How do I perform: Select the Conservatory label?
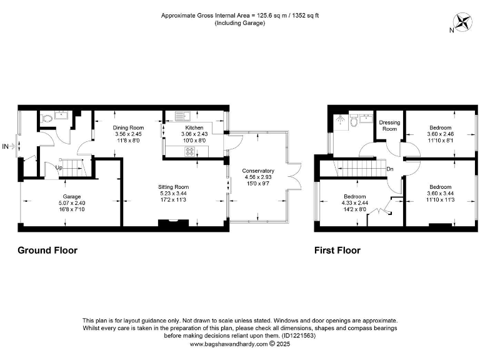(x=259, y=171)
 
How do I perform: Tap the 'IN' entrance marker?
(x=6, y=147)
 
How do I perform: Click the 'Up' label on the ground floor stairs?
(x=59, y=168)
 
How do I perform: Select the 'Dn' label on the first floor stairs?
(x=390, y=169)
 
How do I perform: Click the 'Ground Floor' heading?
(x=47, y=251)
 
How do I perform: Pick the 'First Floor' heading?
(x=337, y=251)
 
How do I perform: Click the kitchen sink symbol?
(x=182, y=116)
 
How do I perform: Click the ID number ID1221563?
(x=299, y=336)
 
